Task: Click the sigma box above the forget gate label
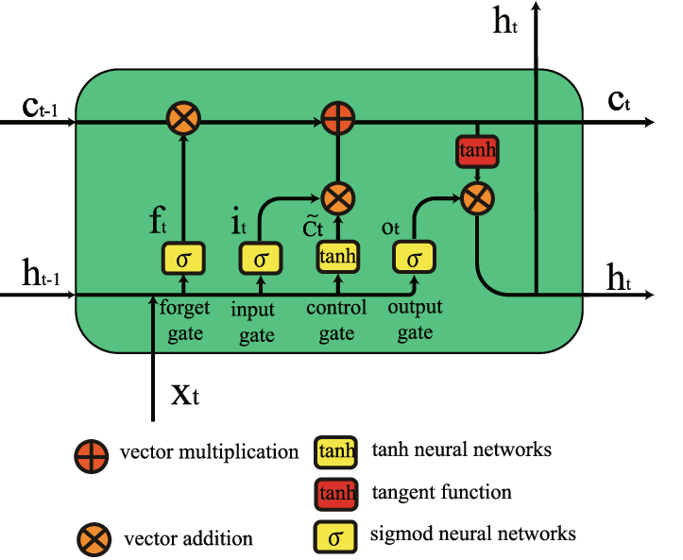183,258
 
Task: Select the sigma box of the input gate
261,258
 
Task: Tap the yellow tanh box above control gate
334,258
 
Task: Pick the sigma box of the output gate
414,257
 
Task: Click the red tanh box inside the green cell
477,150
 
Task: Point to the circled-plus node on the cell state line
334,120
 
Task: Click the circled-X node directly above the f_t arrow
182,120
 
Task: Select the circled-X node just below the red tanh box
478,197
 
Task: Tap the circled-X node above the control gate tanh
334,197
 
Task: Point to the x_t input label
185,394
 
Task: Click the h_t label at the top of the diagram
505,24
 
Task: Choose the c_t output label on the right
619,100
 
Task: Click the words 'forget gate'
185,320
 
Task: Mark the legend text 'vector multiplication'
209,452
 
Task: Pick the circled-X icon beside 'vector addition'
93,539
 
